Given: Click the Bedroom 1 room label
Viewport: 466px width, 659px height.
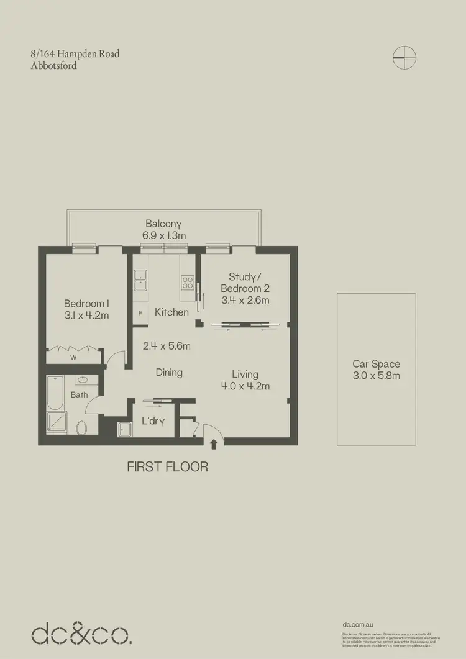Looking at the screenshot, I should [x=86, y=304].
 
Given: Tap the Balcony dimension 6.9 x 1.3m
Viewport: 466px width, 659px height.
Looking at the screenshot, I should [x=164, y=235].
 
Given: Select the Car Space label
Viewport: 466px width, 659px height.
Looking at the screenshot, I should [x=376, y=364].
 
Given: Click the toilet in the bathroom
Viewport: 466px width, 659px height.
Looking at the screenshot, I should [x=81, y=427].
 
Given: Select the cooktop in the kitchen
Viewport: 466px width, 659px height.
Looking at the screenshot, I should [x=188, y=283].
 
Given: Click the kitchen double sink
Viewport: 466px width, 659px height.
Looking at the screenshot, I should [x=140, y=280].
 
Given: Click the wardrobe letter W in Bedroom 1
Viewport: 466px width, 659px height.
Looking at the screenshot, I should [x=73, y=358].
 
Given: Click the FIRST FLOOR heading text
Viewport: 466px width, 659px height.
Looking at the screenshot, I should [x=167, y=466].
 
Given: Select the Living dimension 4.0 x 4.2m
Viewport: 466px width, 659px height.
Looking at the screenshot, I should [x=245, y=386].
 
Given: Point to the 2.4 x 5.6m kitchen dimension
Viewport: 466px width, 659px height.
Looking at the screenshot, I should [x=166, y=346].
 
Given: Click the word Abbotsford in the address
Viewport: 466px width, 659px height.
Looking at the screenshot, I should [x=53, y=65].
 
